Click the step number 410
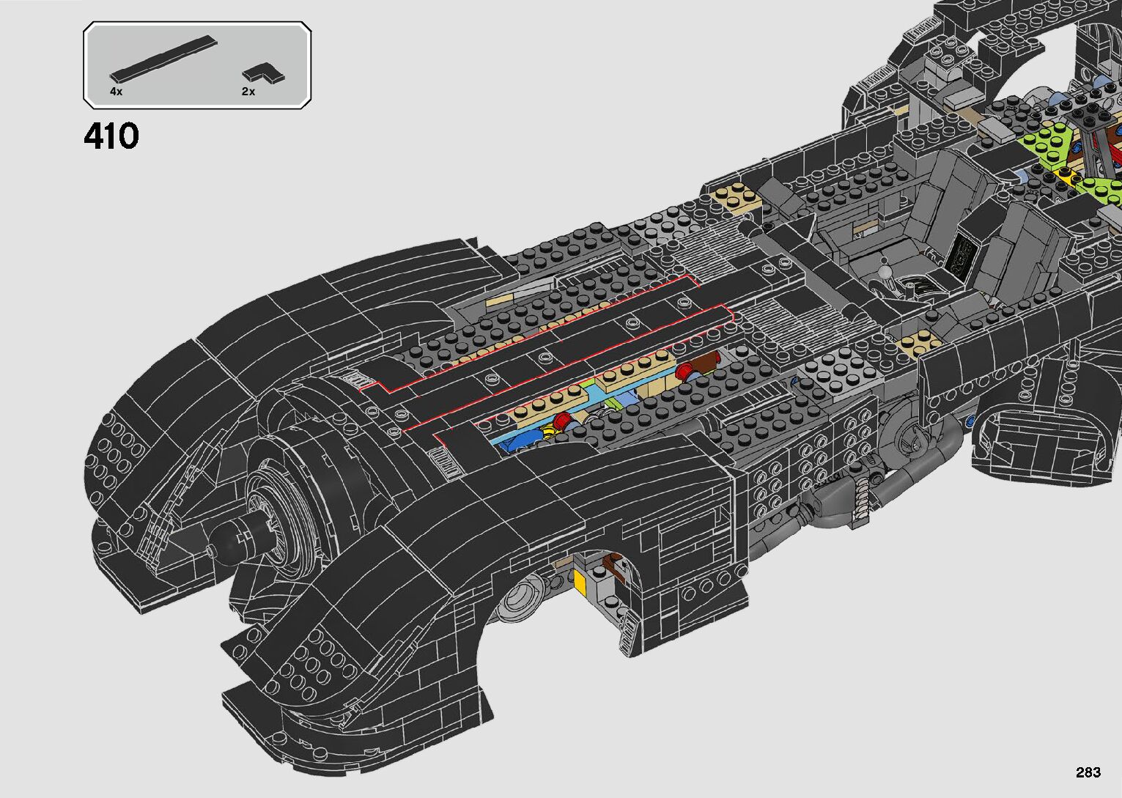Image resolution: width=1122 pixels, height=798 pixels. tap(111, 137)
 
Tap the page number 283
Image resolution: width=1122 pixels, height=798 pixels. tap(1088, 772)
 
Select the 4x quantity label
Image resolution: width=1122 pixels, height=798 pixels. tap(116, 92)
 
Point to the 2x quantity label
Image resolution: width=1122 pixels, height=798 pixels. tap(248, 92)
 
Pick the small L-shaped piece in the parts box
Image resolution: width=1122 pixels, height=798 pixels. tap(264, 73)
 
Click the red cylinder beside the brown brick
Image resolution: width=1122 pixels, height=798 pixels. tap(684, 370)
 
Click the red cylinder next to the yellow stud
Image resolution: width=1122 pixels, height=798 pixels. tap(561, 421)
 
